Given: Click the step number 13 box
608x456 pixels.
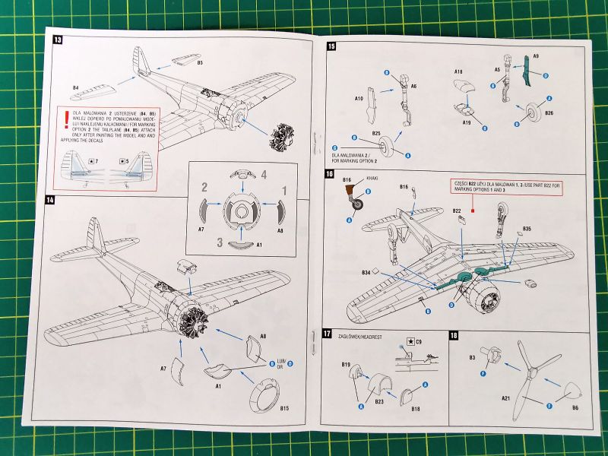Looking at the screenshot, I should (56, 40).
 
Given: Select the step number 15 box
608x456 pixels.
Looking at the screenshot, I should (331, 46).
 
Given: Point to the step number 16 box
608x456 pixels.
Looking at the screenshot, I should (328, 174).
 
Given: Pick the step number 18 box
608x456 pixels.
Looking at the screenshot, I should (453, 335).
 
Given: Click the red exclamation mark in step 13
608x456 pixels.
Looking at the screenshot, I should (67, 119).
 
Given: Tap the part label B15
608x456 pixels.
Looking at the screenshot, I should (284, 409).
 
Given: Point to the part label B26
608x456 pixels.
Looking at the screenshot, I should (549, 113).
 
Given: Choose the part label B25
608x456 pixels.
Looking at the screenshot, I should (376, 133).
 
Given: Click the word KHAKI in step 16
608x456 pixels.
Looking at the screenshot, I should (371, 179).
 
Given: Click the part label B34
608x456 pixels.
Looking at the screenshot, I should (366, 271).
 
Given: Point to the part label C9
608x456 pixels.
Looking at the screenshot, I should (418, 343).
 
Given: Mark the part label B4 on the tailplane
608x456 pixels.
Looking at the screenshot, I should (76, 87).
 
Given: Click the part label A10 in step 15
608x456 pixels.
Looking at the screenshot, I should (359, 99).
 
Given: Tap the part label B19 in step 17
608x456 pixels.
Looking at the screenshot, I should (346, 365).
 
